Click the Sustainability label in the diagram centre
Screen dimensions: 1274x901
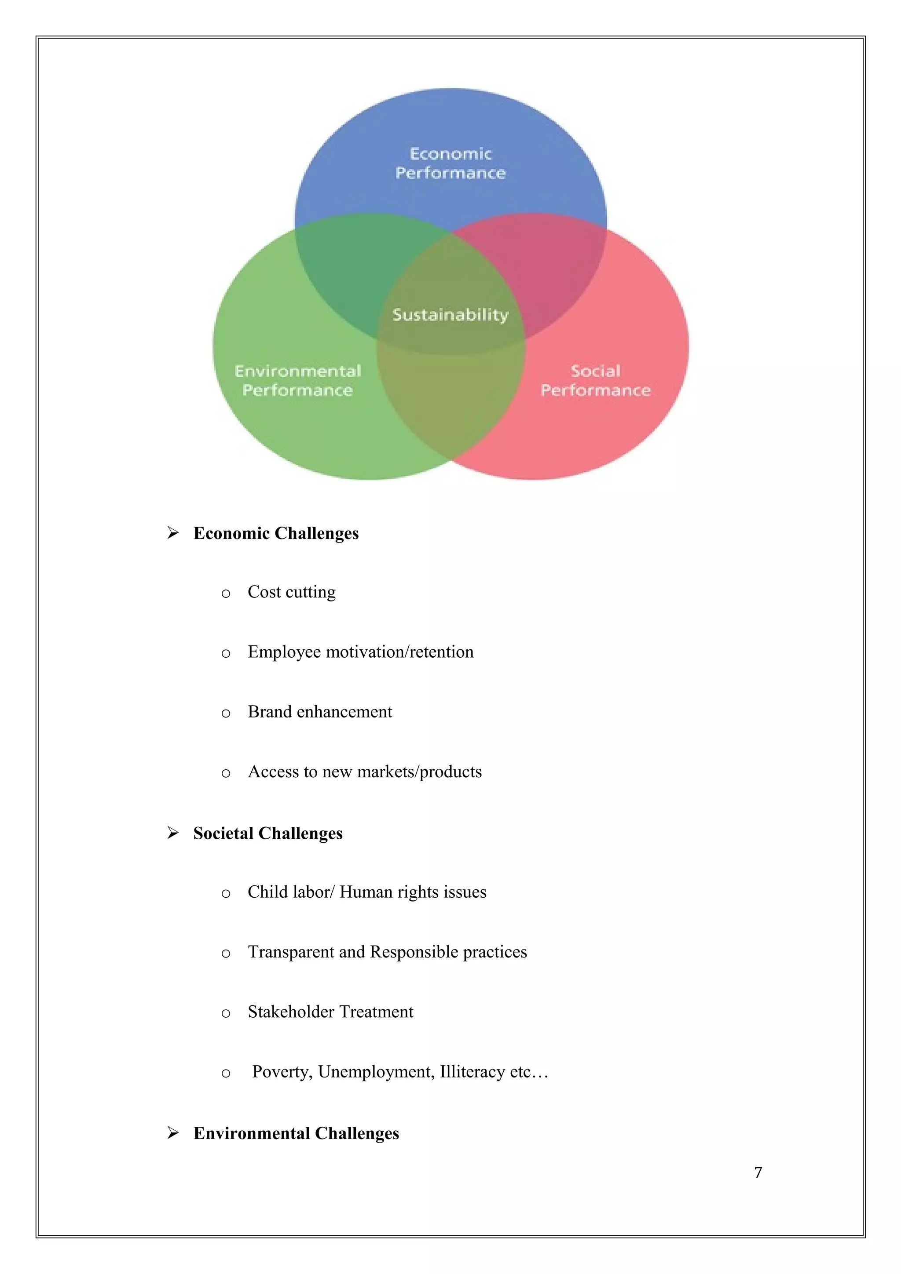pos(450,315)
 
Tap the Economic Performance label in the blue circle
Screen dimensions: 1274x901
pos(450,163)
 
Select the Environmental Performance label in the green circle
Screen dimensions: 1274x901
pos(297,380)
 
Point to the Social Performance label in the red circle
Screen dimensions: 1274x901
pos(595,380)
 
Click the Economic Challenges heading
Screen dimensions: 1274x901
pos(276,533)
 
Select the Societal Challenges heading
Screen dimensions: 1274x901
pos(267,834)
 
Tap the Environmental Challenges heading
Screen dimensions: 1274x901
pos(296,1133)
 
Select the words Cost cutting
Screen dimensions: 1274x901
pos(291,592)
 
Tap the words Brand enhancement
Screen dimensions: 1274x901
pos(320,712)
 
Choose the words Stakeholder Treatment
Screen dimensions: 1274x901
pos(330,1012)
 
